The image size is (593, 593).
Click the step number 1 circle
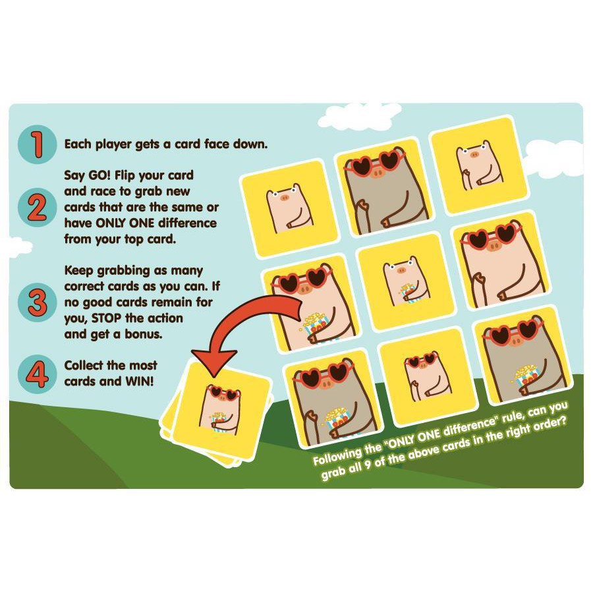click(x=37, y=144)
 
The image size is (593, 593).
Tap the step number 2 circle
click(x=37, y=208)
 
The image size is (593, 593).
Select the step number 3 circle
click(x=37, y=302)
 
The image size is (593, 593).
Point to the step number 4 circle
click(x=37, y=374)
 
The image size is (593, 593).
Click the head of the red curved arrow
click(x=214, y=362)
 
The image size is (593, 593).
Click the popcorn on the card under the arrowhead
click(x=219, y=420)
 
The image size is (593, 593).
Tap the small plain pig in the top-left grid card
click(x=290, y=208)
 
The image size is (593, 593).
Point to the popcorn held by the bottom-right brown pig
click(x=526, y=375)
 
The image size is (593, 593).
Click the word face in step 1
click(x=217, y=144)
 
